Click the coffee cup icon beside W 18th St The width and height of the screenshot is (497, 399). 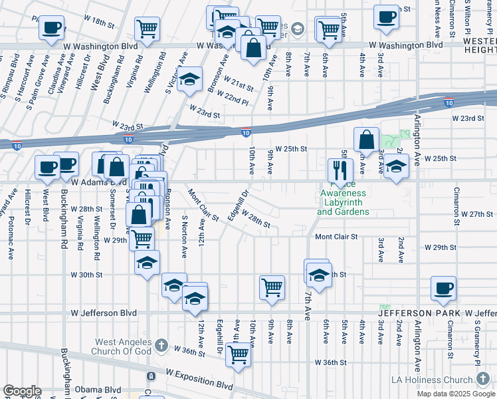tap(52, 28)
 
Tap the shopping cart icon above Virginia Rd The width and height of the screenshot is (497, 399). tap(147, 29)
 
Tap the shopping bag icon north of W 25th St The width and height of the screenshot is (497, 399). tap(366, 140)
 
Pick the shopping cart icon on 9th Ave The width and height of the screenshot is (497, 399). tap(272, 287)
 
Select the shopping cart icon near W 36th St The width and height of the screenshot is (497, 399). tap(237, 354)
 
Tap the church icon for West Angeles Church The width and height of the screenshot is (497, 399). tap(161, 344)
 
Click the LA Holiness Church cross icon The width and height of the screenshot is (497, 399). tap(482, 379)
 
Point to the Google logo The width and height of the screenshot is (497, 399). tap(21, 391)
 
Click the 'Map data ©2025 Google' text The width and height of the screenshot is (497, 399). tap(456, 394)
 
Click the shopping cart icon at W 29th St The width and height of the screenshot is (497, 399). tap(142, 238)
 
